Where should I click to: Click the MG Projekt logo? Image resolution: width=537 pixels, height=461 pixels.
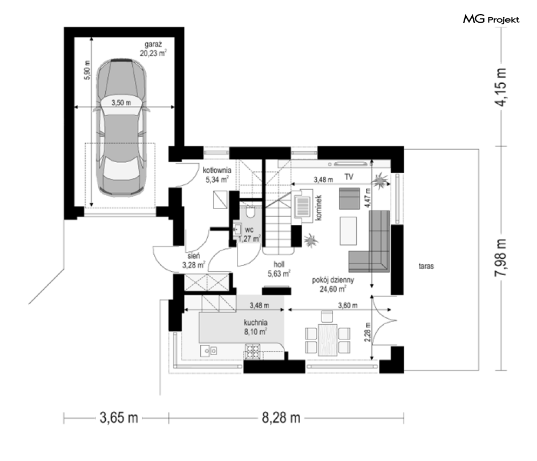[491, 19]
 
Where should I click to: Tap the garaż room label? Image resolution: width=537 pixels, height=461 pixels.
[153, 44]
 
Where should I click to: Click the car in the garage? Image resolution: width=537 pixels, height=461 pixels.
[121, 127]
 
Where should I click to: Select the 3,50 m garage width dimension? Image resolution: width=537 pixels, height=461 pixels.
[121, 103]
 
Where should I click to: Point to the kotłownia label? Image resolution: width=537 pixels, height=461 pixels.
[217, 170]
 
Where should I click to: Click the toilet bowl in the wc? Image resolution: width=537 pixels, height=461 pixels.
[250, 212]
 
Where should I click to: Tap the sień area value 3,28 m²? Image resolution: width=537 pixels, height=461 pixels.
[194, 265]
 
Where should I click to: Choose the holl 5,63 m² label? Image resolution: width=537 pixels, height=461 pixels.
[279, 269]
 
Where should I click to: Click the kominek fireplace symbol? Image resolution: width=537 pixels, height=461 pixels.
[303, 206]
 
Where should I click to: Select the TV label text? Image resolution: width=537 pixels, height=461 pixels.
[349, 177]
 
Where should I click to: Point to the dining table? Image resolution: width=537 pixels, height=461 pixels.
[328, 339]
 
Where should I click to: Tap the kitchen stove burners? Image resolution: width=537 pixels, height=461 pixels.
[253, 352]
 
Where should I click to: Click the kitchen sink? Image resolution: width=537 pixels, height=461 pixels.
[209, 351]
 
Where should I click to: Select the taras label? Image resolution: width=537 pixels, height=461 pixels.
[426, 266]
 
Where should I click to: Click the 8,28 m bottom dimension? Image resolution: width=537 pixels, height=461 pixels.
[281, 418]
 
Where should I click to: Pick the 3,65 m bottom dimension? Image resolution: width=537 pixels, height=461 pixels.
[119, 418]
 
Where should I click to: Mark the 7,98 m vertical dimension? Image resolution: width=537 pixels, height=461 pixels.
[501, 257]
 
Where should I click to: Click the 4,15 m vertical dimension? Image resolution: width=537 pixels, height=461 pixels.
[501, 87]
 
